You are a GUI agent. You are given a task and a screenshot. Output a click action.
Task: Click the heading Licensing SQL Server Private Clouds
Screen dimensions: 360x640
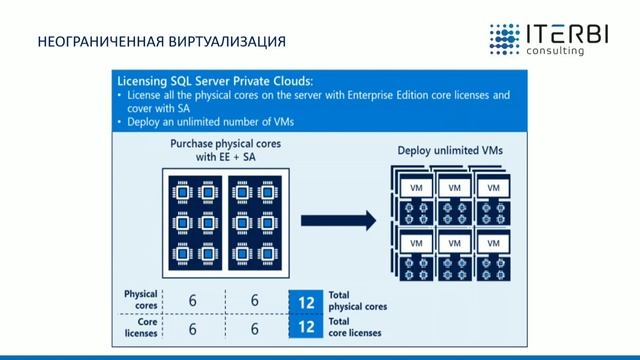pos(214,81)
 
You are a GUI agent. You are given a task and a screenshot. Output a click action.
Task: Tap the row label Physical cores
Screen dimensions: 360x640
pos(141,300)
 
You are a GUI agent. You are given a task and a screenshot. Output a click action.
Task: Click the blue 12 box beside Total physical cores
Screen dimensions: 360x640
pos(306,300)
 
